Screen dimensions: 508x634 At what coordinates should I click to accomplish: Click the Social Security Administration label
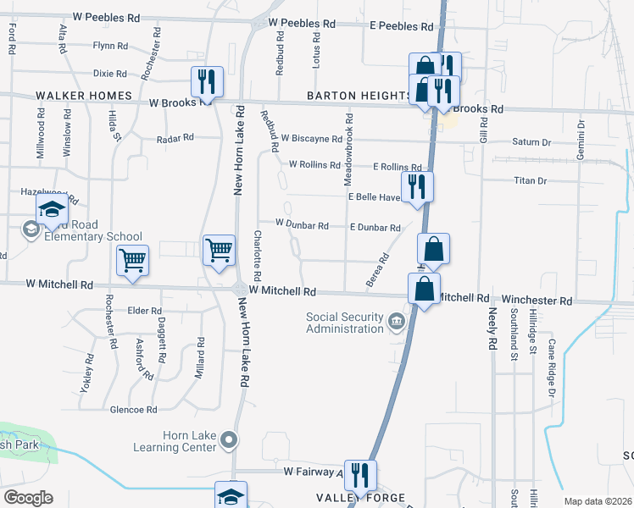pyautogui.click(x=346, y=323)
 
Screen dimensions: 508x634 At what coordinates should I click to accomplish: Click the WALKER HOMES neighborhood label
pyautogui.click(x=84, y=96)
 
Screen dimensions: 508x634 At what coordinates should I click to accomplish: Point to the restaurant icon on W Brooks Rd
pyautogui.click(x=207, y=82)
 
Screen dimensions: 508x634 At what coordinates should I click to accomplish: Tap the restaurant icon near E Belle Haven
pyautogui.click(x=415, y=187)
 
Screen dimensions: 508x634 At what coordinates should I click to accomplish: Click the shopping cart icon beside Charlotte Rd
pyautogui.click(x=220, y=251)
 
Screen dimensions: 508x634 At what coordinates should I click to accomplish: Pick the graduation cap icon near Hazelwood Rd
pyautogui.click(x=52, y=210)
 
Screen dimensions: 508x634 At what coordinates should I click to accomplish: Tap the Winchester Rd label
pyautogui.click(x=537, y=300)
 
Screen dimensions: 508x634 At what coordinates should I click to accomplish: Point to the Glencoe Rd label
pyautogui.click(x=134, y=409)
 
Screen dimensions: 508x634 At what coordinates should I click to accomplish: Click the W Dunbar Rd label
pyautogui.click(x=302, y=225)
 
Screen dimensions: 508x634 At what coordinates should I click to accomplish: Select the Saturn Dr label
pyautogui.click(x=531, y=142)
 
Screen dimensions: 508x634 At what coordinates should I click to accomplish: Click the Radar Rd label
pyautogui.click(x=175, y=137)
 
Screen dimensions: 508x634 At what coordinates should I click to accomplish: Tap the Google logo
pyautogui.click(x=28, y=498)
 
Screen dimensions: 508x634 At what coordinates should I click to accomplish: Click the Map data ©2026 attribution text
pyautogui.click(x=597, y=501)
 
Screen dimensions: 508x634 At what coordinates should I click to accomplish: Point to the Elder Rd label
pyautogui.click(x=144, y=311)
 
